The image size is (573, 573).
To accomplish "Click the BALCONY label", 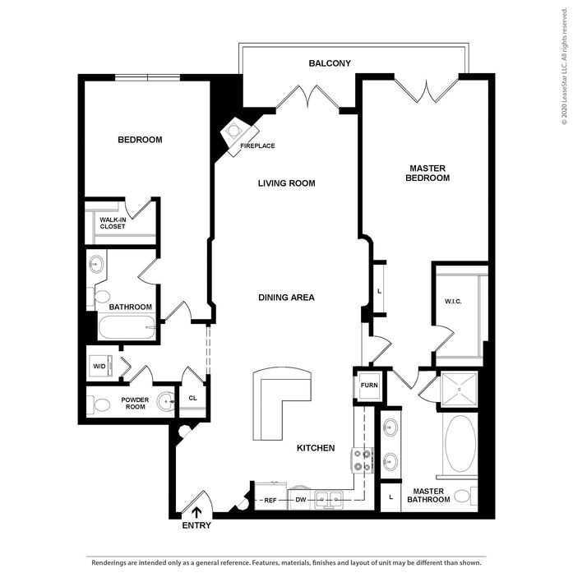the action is (330, 63).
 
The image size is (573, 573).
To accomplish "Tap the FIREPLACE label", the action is (257, 146).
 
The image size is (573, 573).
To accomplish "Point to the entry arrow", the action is (196, 512).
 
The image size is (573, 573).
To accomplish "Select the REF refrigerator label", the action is (270, 501).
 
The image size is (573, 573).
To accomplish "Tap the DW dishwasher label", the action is (301, 499).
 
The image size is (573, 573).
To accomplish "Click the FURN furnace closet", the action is (369, 386).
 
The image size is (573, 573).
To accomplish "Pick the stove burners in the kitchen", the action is (363, 460).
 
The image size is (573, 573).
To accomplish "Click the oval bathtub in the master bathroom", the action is (460, 443).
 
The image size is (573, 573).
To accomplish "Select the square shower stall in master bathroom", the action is (459, 389).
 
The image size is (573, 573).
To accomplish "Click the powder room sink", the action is (166, 402).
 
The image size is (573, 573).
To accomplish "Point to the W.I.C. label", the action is (453, 302).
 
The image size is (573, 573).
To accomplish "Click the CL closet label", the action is (193, 398).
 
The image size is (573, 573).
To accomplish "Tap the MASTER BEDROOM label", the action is (427, 173).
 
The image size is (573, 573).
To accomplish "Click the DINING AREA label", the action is (286, 298).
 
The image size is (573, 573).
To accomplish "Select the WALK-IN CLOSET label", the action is (113, 223).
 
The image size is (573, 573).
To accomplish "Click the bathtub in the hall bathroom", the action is (127, 327).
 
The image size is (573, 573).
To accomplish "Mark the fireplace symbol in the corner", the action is (240, 135).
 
